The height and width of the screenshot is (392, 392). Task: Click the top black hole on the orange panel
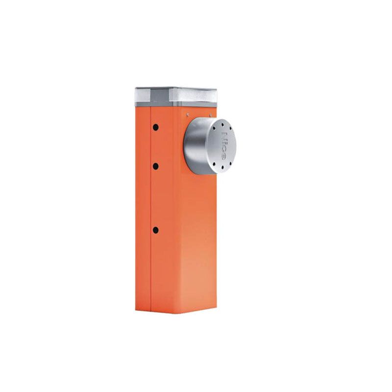coord(156,127)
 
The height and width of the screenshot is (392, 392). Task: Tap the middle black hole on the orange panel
coord(155,166)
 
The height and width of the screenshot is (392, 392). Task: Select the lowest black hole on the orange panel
coord(155,230)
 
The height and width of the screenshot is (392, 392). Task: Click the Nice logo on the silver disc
coord(224,146)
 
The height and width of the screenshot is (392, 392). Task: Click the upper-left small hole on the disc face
coord(214,128)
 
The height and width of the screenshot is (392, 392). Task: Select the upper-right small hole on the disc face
coord(230,128)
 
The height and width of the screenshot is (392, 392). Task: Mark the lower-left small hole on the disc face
coord(214,164)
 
